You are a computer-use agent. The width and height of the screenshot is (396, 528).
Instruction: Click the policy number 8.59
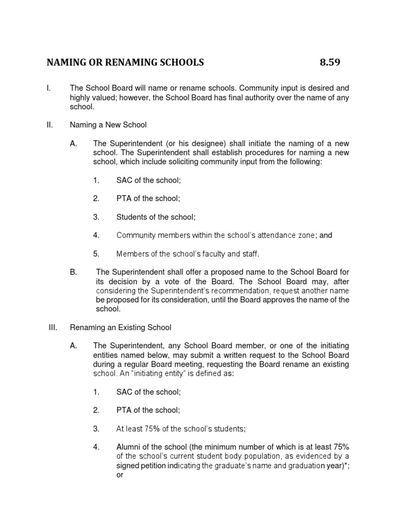(x=330, y=63)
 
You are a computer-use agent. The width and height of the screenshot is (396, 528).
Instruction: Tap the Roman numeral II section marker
(x=49, y=125)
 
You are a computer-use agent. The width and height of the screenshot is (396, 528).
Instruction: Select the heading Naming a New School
(x=108, y=125)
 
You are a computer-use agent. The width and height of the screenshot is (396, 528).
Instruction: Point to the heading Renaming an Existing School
(x=121, y=327)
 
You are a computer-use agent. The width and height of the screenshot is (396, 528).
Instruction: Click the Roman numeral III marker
(x=52, y=327)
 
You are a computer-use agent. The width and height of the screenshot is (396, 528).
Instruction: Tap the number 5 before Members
(x=96, y=254)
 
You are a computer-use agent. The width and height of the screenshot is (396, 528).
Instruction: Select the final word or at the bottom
(x=120, y=475)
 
